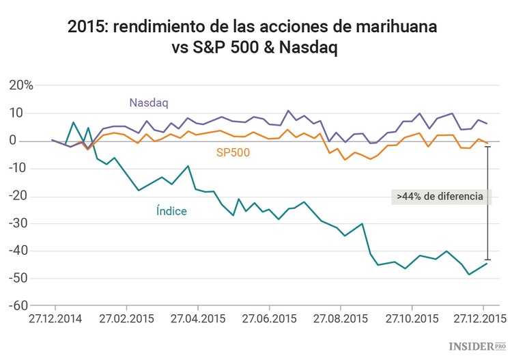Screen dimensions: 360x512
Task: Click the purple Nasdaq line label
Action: point(148,102)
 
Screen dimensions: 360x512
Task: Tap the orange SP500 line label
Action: point(233,153)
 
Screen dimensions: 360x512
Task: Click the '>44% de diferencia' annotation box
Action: point(440,196)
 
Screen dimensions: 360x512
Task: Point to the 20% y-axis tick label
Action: point(20,85)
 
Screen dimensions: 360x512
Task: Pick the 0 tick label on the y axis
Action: point(29,141)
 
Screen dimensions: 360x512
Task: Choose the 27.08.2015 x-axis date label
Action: point(339,318)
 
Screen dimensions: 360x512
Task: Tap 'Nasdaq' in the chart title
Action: point(309,49)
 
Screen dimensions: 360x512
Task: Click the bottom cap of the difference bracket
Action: point(487,260)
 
